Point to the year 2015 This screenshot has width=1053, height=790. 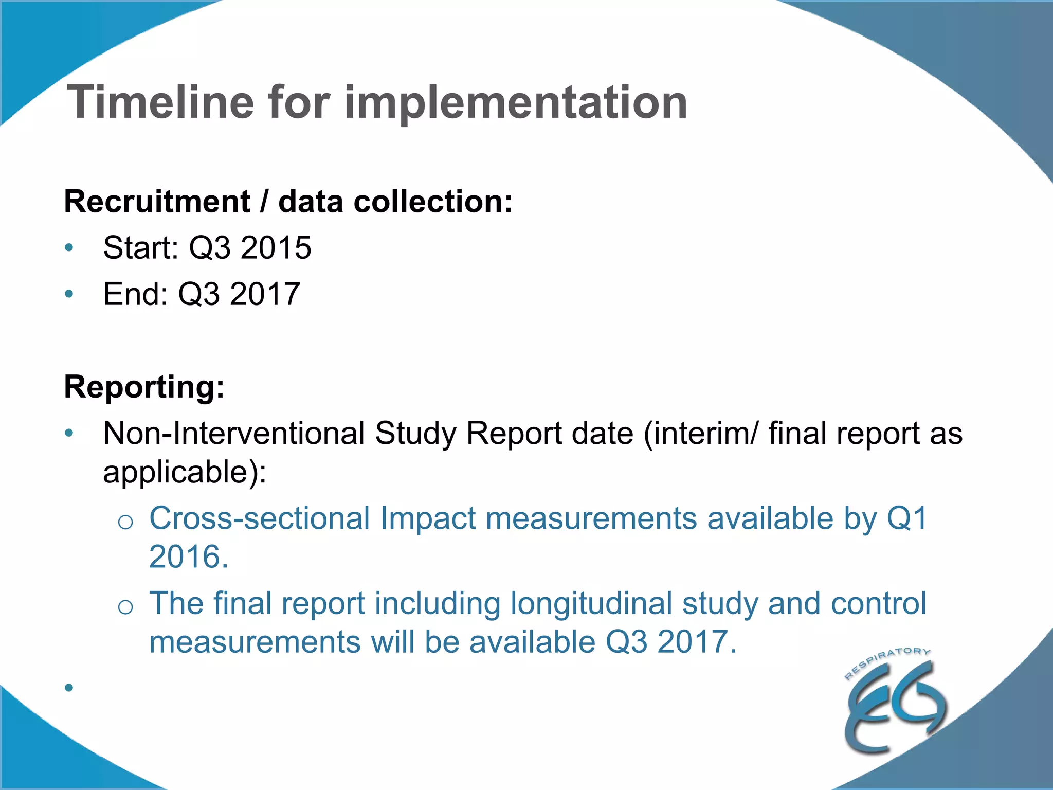276,247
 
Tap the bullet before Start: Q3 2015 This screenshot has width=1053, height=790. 69,248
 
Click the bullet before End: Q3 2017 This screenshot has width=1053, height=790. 69,294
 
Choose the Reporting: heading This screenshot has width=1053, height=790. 144,386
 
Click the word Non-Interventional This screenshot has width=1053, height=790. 234,433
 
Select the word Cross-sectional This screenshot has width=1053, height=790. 259,518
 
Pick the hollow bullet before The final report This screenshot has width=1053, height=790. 125,607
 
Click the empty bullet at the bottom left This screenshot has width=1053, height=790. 69,687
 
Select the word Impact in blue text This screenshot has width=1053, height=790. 427,518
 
